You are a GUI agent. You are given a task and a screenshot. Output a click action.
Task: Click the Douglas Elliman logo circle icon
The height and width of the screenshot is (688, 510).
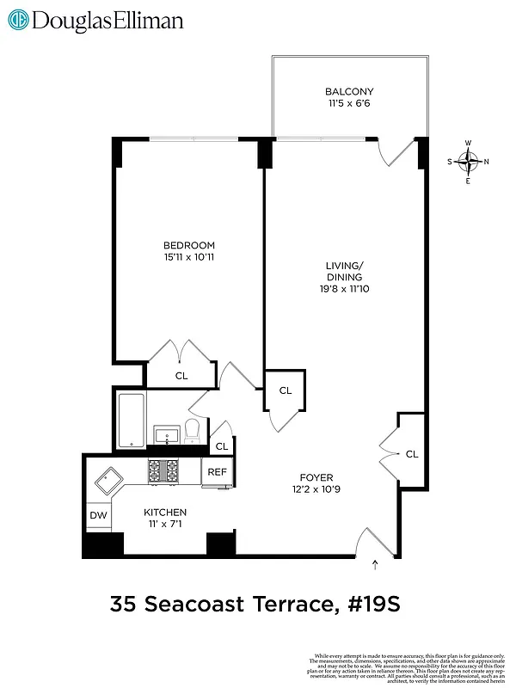[17, 20]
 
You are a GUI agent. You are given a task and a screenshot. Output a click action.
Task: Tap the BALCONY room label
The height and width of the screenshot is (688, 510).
[349, 91]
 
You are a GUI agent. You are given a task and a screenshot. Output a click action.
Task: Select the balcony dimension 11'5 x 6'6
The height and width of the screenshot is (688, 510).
[349, 103]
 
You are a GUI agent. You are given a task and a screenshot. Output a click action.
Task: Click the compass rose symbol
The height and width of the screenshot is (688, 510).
[468, 160]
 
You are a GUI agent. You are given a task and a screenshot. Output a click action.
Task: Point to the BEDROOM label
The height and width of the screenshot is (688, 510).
[188, 245]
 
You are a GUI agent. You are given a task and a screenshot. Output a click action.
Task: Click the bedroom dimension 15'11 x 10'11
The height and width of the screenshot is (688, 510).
[188, 257]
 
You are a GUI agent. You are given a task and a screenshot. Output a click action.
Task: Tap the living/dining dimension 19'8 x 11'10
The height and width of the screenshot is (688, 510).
[343, 289]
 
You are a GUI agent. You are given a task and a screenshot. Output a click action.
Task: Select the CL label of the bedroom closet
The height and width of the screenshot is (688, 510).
[181, 375]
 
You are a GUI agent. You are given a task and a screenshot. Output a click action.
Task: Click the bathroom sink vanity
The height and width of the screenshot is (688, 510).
[165, 435]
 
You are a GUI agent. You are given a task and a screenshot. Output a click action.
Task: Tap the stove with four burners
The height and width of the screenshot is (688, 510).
[163, 470]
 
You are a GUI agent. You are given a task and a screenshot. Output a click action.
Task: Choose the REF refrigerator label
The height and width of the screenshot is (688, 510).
[217, 471]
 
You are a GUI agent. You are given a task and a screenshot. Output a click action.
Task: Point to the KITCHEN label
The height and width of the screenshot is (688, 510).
[164, 512]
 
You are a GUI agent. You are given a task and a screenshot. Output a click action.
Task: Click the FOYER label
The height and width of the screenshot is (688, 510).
[316, 477]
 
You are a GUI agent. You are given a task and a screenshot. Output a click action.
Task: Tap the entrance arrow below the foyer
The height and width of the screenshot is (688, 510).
[376, 565]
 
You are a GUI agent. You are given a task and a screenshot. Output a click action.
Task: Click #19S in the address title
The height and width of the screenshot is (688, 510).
[371, 606]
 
